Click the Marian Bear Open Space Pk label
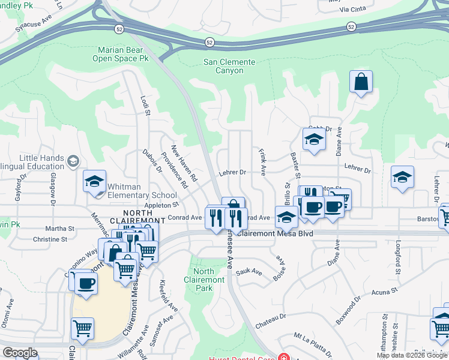pos(121,55)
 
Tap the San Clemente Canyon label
pos(229,67)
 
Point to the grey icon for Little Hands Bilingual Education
pos(73,160)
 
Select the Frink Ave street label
pos(262,162)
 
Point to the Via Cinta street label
pos(352,10)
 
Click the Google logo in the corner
pos(20,352)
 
